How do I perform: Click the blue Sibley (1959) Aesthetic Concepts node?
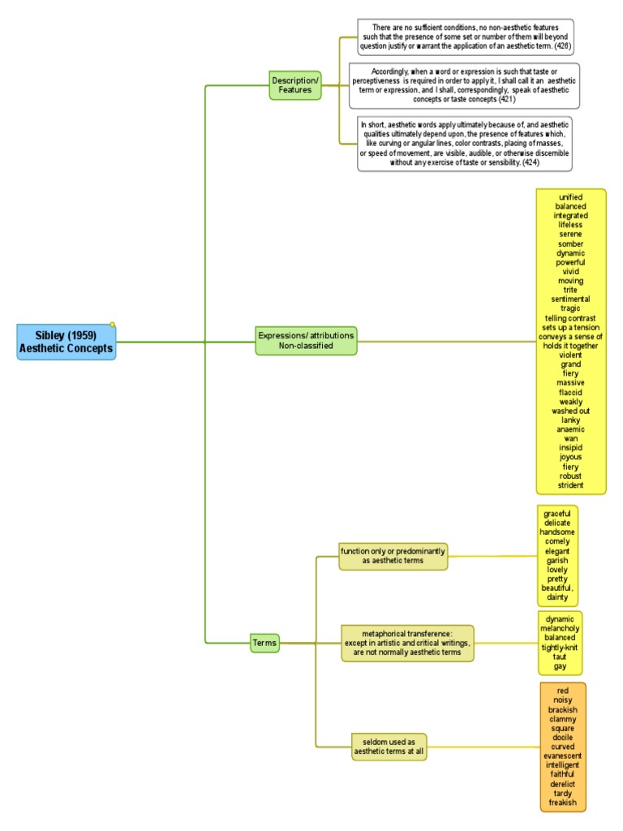pos(67,342)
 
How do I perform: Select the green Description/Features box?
pos(295,85)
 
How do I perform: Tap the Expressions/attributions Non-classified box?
pos(306,340)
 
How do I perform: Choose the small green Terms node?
pos(264,643)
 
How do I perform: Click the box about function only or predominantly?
pos(393,556)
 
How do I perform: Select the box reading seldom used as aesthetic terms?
pos(389,747)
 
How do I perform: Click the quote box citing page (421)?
pos(464,85)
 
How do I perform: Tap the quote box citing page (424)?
pos(465,143)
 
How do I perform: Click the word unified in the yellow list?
pos(570,197)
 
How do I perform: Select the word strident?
pos(570,485)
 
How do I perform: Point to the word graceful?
pos(557,513)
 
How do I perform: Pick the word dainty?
pos(557,597)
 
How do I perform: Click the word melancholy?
pos(560,629)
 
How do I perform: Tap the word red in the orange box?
pos(563,691)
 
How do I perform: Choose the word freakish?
pos(563,803)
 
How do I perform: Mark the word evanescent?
pos(563,756)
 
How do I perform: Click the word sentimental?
pos(570,299)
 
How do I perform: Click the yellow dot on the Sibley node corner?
pos(112,325)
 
